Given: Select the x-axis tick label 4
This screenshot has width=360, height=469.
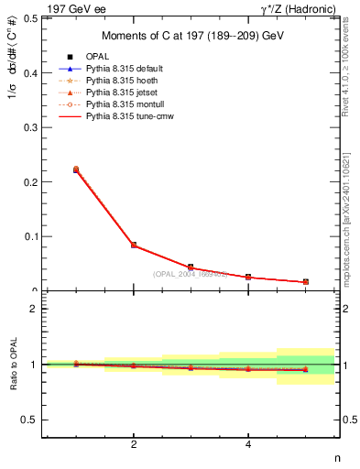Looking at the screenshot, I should pos(248,446).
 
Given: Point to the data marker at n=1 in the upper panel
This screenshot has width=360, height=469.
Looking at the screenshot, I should pos(76,169).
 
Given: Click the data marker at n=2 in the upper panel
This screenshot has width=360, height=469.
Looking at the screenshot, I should pos(134,245).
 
